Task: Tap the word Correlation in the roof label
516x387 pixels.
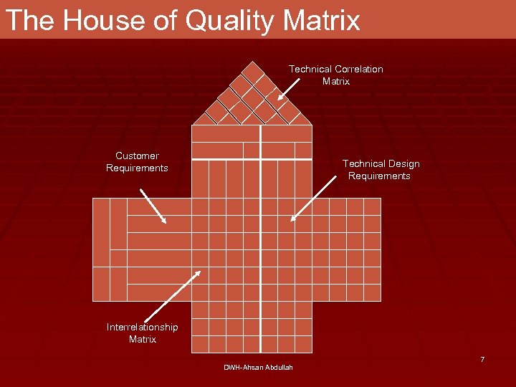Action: pyautogui.click(x=356, y=69)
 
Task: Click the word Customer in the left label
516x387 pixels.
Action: pyautogui.click(x=137, y=156)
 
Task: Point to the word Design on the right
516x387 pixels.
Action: pyautogui.click(x=401, y=163)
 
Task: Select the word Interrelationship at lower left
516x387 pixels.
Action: pyautogui.click(x=142, y=327)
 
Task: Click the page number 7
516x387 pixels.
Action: pyautogui.click(x=482, y=359)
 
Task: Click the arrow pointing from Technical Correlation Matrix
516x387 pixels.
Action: pyautogui.click(x=290, y=87)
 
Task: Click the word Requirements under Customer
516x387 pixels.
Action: pyautogui.click(x=137, y=168)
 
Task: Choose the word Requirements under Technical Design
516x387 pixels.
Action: pyautogui.click(x=379, y=176)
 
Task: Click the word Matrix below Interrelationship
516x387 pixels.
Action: pyautogui.click(x=142, y=339)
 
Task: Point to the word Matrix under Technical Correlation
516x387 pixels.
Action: pyautogui.click(x=335, y=81)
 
